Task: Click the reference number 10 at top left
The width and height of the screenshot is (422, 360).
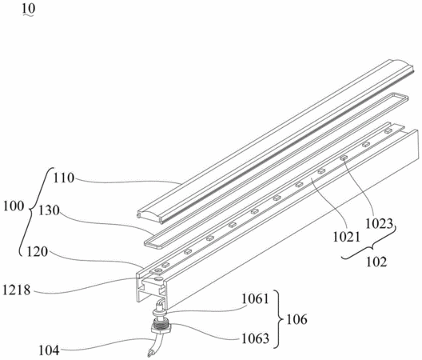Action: point(28,9)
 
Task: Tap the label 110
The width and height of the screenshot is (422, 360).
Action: point(63,178)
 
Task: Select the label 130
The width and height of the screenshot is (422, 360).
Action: point(49,210)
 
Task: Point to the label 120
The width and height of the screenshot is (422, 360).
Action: point(37,252)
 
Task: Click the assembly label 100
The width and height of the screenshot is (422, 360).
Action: point(14,206)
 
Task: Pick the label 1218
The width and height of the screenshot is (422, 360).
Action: point(17,290)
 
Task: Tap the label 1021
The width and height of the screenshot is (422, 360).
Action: point(346,238)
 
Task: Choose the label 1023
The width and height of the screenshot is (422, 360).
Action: point(379,224)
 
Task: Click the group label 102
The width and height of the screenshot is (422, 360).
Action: point(376,262)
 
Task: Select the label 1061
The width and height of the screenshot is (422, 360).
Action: point(255,299)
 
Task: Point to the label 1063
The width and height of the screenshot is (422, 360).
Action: point(256,338)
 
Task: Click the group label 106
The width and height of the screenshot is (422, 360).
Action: point(297,319)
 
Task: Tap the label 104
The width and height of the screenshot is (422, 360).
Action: point(50,350)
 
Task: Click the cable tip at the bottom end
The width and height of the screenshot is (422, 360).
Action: point(149,354)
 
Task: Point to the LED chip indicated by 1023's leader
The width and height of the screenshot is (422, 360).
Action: point(343,158)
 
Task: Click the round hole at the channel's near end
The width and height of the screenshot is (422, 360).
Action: point(158,278)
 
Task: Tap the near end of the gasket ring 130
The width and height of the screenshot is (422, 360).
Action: point(149,243)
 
